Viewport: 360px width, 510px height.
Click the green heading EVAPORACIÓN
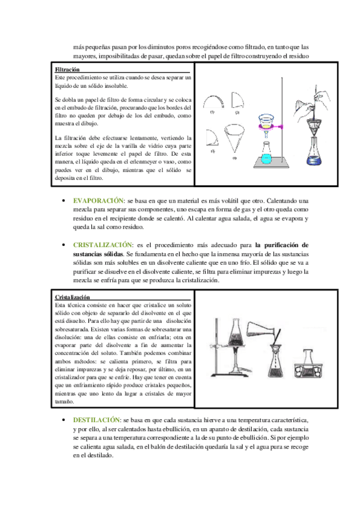point(98,201)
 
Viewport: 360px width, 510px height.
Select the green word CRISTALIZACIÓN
point(102,245)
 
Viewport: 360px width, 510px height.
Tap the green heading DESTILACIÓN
point(97,420)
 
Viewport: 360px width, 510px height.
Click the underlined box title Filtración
point(67,69)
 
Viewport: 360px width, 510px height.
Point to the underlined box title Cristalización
point(72,297)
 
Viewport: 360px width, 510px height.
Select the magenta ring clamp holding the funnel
point(271,126)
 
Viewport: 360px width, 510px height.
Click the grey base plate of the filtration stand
point(271,162)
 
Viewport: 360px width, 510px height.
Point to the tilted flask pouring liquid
point(263,330)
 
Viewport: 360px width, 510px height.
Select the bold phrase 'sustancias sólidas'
point(98,254)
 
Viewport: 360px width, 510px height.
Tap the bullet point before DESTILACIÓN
point(64,420)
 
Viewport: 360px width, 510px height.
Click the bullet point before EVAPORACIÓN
point(64,201)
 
